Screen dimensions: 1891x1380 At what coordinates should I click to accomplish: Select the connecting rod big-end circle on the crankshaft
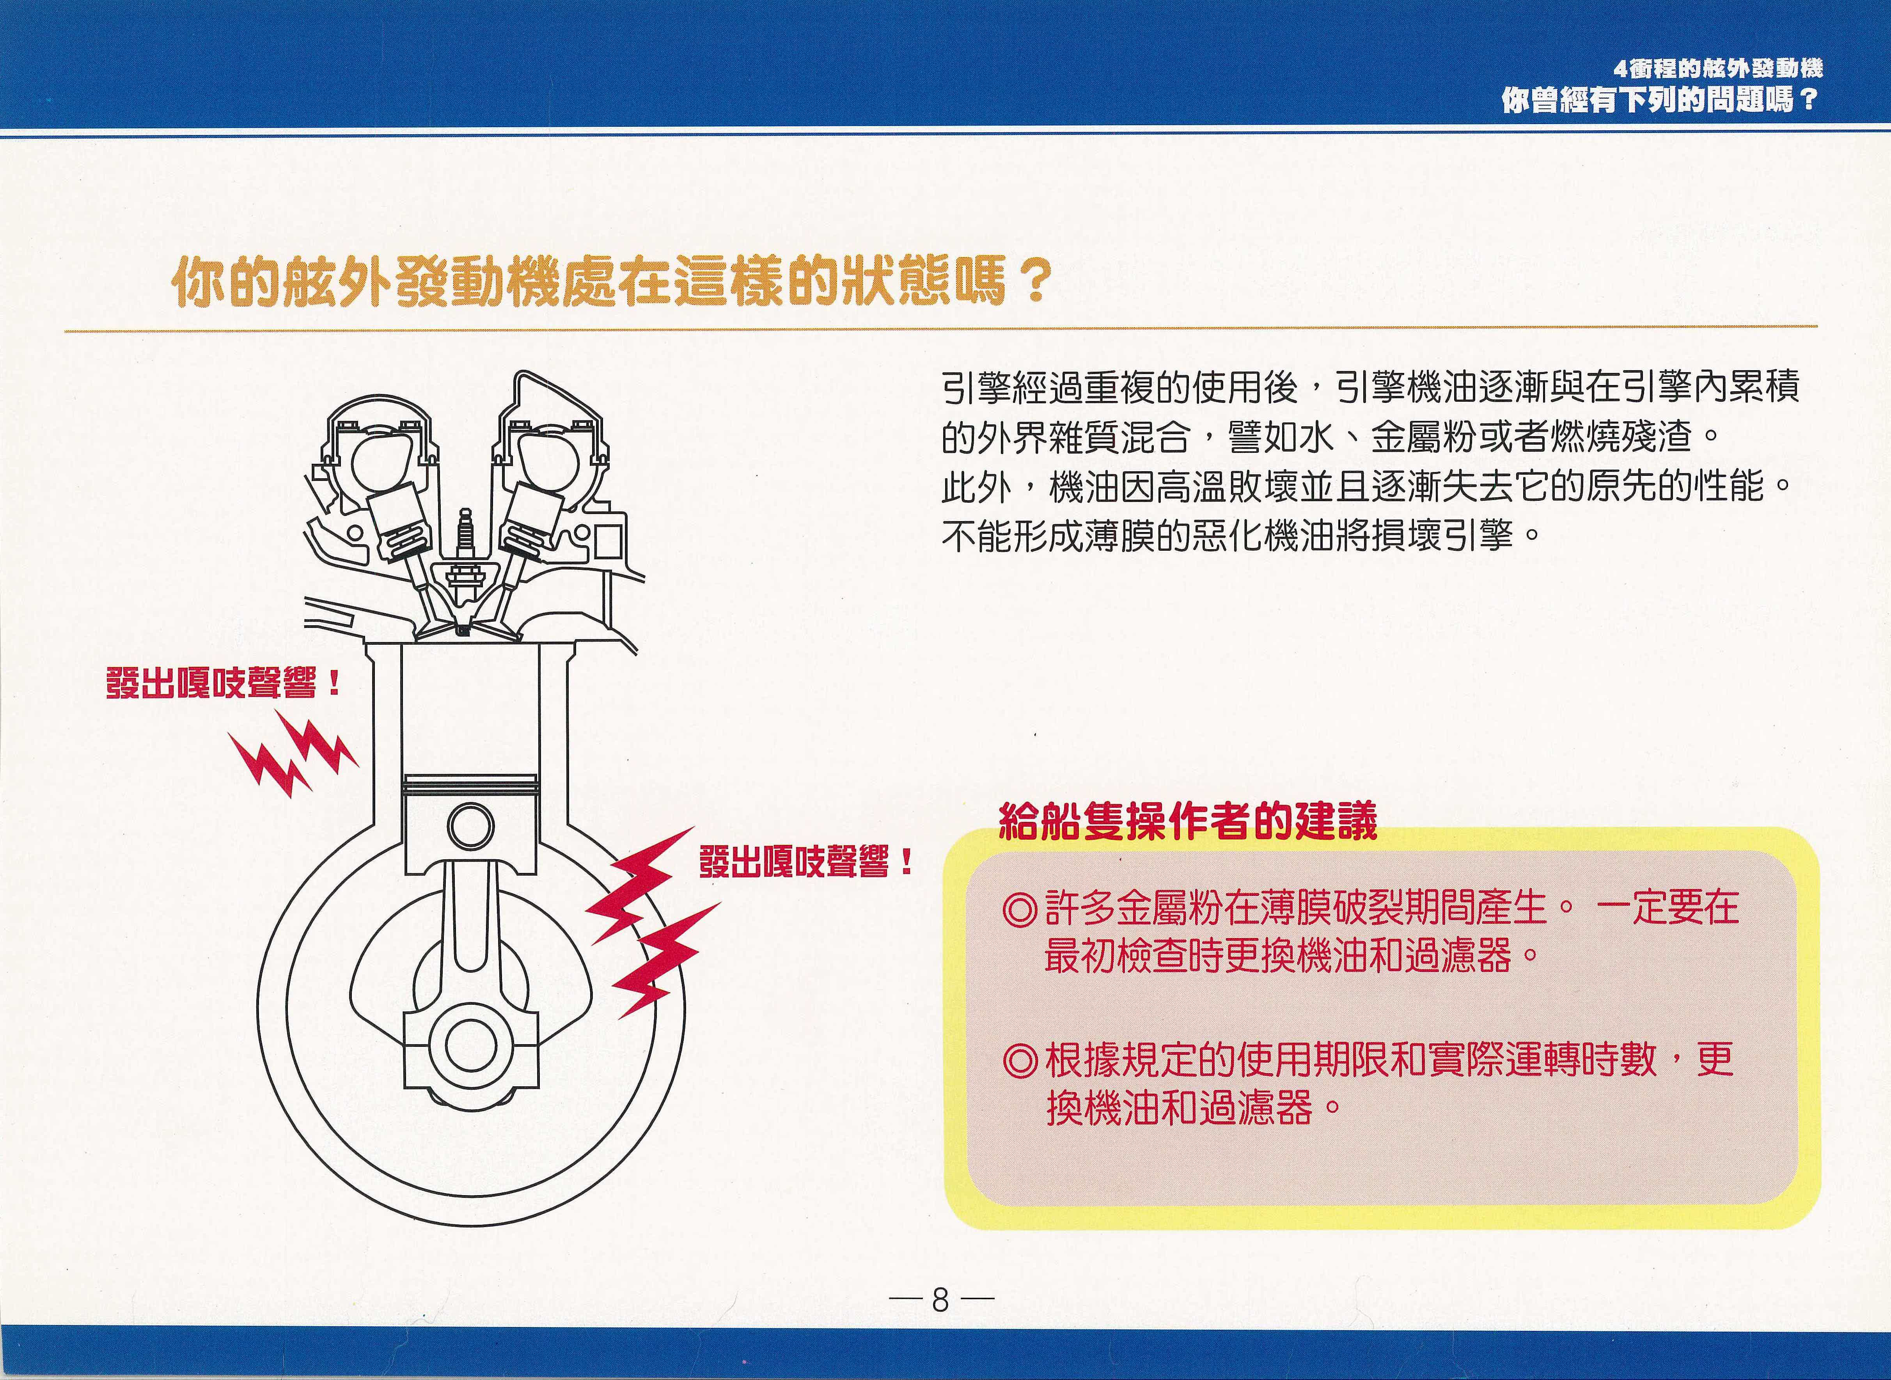[x=470, y=1044]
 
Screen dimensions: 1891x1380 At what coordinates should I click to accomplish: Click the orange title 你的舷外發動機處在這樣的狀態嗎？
[x=610, y=284]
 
